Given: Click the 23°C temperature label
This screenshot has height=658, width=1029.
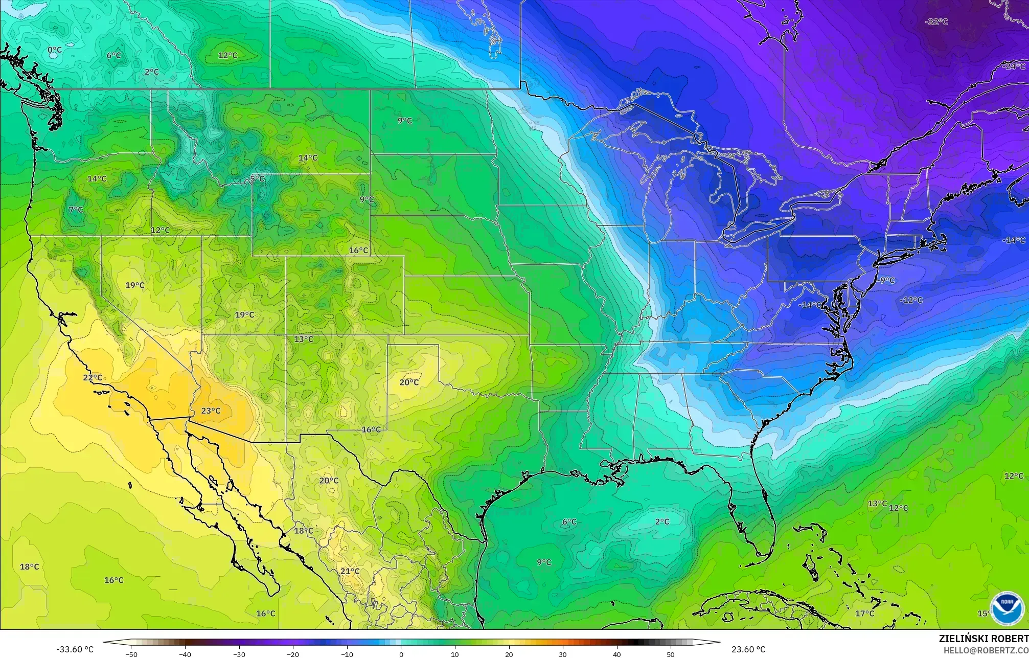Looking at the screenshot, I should [x=211, y=411].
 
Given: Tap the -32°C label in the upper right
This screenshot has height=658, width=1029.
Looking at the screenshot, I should [x=936, y=22].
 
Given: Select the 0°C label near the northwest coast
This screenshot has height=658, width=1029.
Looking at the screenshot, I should [x=55, y=50].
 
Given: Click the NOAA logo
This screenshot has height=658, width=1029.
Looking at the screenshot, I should [x=1007, y=608].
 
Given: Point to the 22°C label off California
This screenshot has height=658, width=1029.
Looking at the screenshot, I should [x=93, y=378].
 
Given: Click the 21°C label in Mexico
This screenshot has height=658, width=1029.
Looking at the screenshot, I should [x=350, y=571].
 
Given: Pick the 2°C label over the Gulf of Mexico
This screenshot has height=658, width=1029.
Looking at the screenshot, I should [x=662, y=521].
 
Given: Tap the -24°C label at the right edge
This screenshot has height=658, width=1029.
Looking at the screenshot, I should [x=1014, y=66].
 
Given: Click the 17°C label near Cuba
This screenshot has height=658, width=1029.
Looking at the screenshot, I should [x=864, y=613].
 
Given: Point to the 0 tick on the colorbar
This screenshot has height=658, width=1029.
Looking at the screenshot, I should [x=401, y=654].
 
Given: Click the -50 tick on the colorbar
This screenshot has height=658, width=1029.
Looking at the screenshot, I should [x=131, y=654].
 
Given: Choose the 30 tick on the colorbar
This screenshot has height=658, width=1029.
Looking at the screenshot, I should [x=563, y=654].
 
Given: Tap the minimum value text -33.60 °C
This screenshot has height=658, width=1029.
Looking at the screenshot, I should [x=75, y=649].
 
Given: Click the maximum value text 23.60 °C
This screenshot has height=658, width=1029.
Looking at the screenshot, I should [x=748, y=649].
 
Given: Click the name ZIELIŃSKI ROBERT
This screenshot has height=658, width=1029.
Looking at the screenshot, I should [x=983, y=639].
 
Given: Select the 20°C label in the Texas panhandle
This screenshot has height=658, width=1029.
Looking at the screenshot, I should [x=409, y=382].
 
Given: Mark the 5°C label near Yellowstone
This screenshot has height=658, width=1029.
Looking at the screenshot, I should [x=258, y=178].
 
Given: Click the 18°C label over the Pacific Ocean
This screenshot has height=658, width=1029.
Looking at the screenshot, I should [x=29, y=566].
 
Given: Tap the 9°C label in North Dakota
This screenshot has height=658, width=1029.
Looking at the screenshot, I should [x=405, y=121].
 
